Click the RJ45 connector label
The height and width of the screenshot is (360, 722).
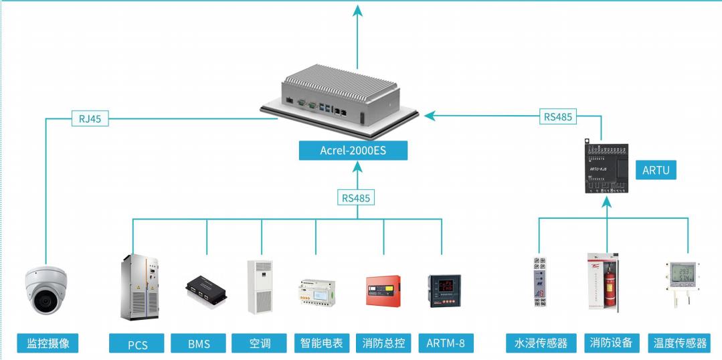[x=89, y=120]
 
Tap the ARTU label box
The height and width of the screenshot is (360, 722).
[x=655, y=170]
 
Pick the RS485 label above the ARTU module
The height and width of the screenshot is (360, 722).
[x=558, y=116]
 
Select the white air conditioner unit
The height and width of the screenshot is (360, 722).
[x=260, y=286]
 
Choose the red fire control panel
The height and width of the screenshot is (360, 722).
[x=383, y=291]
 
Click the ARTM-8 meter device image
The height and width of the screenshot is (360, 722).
[x=442, y=290]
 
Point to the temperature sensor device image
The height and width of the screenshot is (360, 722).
[x=686, y=282]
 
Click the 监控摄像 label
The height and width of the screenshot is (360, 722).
[x=48, y=343]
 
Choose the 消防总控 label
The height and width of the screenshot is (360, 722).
[x=383, y=343]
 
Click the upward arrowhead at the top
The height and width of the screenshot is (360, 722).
[x=357, y=9]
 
